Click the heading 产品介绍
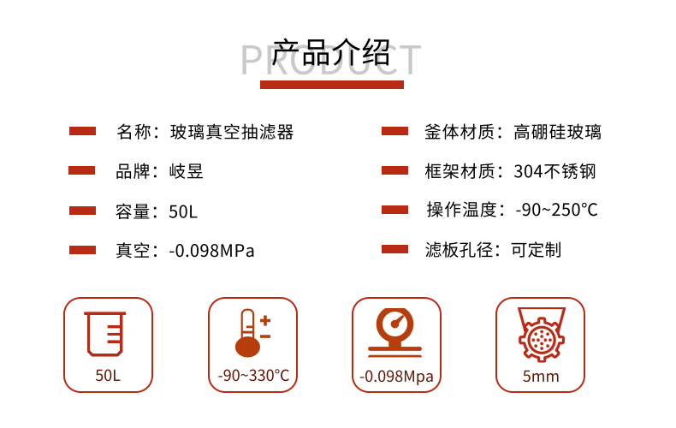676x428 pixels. pos(331,52)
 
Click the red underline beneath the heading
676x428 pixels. pos(332,85)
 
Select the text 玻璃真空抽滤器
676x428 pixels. pos(232,132)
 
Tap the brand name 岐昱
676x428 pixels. pos(187,171)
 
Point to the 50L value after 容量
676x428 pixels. pos(183,211)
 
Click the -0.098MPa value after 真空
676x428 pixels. pos(211,251)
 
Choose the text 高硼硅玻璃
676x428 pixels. pos(557,132)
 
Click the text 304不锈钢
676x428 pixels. pos(554,171)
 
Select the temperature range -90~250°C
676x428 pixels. pos(556,210)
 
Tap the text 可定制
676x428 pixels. pos(536,250)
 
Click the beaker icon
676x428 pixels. pos(105,334)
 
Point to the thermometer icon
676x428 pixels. pos(253,333)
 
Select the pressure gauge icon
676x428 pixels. pos(394,333)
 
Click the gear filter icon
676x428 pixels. pos(542,334)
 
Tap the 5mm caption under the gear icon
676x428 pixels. pos(541,377)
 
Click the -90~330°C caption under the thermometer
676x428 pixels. pos(253,376)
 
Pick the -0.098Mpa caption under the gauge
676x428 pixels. pos(397,377)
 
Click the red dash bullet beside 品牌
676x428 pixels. pos(81,171)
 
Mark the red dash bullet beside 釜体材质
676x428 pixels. pos(395,131)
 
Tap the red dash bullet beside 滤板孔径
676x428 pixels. pos(395,249)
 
